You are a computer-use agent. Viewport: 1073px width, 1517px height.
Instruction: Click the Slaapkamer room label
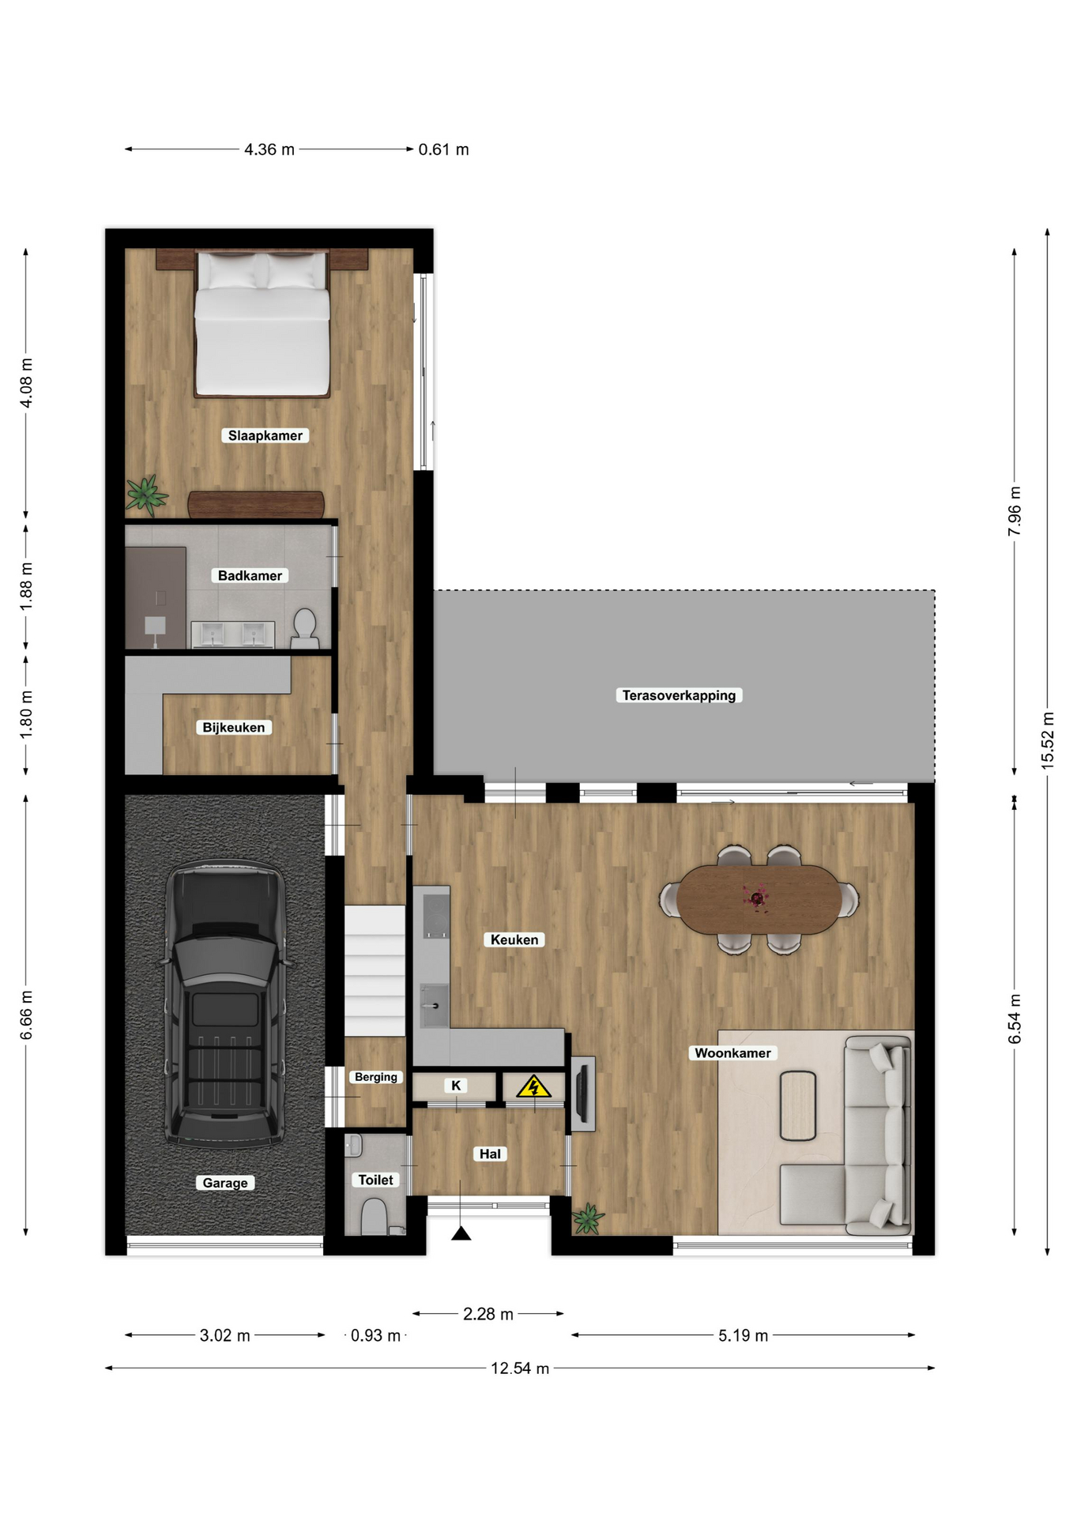pyautogui.click(x=265, y=435)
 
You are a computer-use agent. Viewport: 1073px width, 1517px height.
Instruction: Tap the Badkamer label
pyautogui.click(x=250, y=576)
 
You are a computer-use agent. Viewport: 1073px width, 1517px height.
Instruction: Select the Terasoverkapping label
pyautogui.click(x=679, y=695)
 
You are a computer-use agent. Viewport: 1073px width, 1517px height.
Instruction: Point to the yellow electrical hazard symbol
pyautogui.click(x=533, y=1087)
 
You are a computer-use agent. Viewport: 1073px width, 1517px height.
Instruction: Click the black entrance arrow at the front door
pyautogui.click(x=461, y=1233)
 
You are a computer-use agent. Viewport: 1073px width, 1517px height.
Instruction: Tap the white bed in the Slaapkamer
pyautogui.click(x=262, y=324)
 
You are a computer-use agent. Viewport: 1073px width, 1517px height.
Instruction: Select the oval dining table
pyautogui.click(x=759, y=899)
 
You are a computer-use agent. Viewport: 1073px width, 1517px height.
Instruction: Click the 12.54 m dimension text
pyautogui.click(x=520, y=1368)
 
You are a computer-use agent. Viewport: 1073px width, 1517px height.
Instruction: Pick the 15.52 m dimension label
pyautogui.click(x=1048, y=740)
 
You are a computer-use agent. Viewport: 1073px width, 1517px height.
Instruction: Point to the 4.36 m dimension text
pyautogui.click(x=269, y=149)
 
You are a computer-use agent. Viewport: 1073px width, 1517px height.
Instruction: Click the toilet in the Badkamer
pyautogui.click(x=304, y=628)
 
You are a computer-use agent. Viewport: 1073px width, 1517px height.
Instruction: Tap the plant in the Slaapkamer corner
pyautogui.click(x=146, y=495)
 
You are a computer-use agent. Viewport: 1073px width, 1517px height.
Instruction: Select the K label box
pyautogui.click(x=456, y=1086)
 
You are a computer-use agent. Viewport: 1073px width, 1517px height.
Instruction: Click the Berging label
pyautogui.click(x=376, y=1077)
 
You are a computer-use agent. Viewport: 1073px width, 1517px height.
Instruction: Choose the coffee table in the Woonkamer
pyautogui.click(x=798, y=1105)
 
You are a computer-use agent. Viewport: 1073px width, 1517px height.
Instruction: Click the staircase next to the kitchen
pyautogui.click(x=375, y=970)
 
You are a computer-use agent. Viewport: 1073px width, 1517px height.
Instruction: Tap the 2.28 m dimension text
pyautogui.click(x=488, y=1314)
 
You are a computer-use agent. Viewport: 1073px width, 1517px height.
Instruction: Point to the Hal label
pyautogui.click(x=490, y=1154)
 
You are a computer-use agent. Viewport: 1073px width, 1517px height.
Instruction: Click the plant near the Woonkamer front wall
pyautogui.click(x=588, y=1218)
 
